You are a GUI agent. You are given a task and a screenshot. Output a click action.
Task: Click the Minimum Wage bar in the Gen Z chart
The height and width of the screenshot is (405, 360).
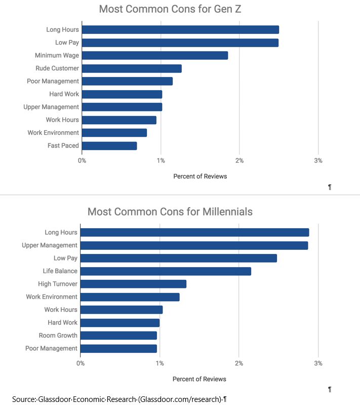(154, 55)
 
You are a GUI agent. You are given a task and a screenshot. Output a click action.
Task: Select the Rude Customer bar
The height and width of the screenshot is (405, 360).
(131, 68)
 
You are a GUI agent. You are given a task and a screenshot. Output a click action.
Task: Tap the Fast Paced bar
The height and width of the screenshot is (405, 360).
(109, 145)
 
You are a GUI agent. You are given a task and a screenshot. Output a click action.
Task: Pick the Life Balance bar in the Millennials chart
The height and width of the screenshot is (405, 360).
(166, 271)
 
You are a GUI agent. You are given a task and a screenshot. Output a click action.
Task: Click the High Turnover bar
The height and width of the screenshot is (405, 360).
(133, 284)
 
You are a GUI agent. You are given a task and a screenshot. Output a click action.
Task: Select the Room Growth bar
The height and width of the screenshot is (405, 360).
(118, 335)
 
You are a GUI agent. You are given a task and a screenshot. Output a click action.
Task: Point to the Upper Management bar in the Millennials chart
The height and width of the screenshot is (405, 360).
(194, 245)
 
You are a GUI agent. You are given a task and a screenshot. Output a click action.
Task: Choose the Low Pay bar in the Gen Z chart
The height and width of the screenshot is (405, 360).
(180, 43)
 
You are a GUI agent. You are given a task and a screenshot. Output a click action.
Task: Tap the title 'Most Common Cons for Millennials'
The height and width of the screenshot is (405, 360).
(170, 211)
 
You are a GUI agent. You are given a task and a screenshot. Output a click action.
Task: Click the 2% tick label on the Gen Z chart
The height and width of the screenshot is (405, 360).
(239, 160)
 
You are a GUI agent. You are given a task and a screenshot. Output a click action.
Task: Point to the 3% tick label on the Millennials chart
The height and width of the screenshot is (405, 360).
(318, 363)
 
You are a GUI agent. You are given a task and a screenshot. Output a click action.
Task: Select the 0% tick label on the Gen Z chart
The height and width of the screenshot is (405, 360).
(82, 160)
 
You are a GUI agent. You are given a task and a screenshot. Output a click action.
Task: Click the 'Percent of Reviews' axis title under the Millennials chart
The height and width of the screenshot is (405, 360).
(199, 379)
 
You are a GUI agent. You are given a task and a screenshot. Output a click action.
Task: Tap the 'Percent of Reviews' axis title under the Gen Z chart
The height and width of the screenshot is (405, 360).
(200, 176)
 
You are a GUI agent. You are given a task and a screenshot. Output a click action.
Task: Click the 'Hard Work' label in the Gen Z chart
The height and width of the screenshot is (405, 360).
(64, 94)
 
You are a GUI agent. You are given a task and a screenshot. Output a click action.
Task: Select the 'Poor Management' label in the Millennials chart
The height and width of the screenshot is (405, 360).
(51, 348)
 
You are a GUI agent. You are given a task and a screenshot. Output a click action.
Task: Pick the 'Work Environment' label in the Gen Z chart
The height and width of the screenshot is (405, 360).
(53, 133)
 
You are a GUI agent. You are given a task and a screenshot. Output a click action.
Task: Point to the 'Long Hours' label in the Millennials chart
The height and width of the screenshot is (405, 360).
(61, 233)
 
